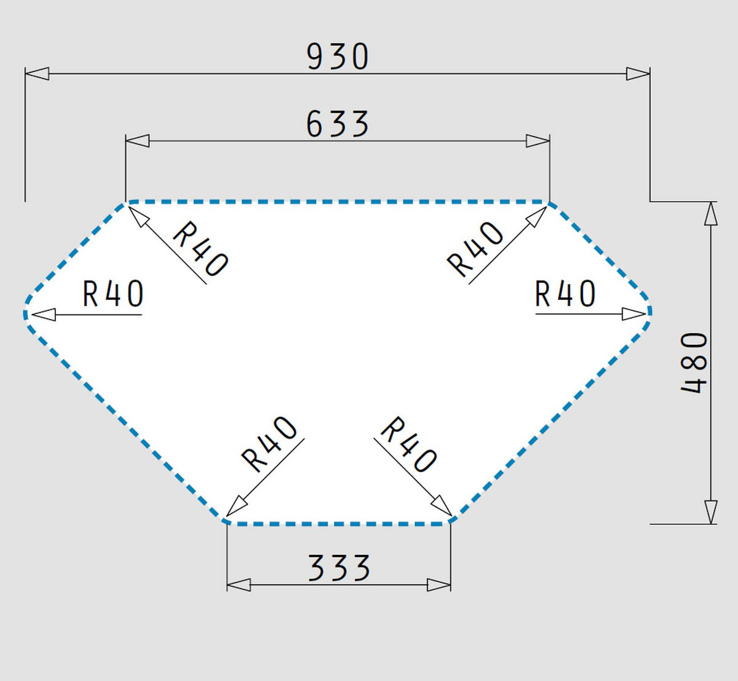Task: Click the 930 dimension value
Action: coord(338,57)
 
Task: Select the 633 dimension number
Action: coord(338,124)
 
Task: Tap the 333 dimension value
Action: coord(339,568)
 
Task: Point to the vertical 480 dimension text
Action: coord(694,363)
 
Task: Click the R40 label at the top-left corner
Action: coord(200,248)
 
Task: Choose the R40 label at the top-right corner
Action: coord(475,249)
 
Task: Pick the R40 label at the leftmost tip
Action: coord(113,294)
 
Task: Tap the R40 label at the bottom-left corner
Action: coord(269,444)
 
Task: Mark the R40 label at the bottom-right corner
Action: coord(408,444)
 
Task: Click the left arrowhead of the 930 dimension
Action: coord(37,74)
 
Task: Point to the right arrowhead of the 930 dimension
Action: coord(638,74)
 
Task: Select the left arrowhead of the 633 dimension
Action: coord(138,141)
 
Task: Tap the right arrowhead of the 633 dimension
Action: coord(538,141)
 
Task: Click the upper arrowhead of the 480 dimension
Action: coord(710,214)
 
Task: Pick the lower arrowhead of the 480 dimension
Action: coord(710,513)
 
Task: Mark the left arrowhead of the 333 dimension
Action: coord(239,585)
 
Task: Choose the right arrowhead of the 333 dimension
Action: coord(439,585)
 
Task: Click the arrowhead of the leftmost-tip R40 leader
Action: coord(44,315)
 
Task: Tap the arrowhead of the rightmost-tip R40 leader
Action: coord(634,314)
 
